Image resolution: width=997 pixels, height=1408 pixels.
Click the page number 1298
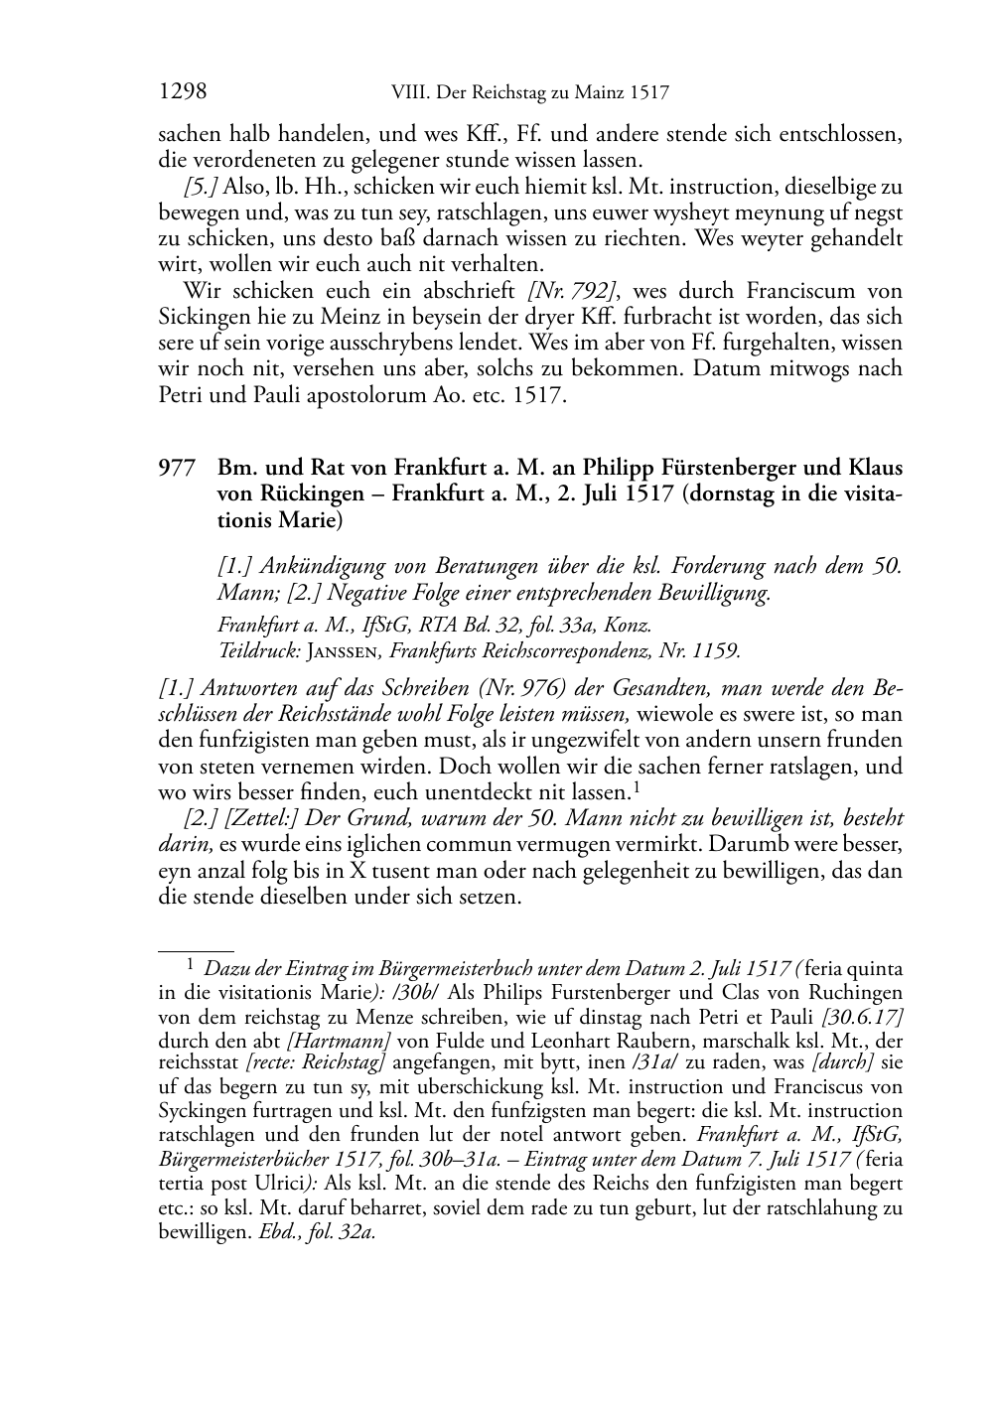tap(183, 92)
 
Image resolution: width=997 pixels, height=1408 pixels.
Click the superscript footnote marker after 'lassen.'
tap(635, 786)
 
